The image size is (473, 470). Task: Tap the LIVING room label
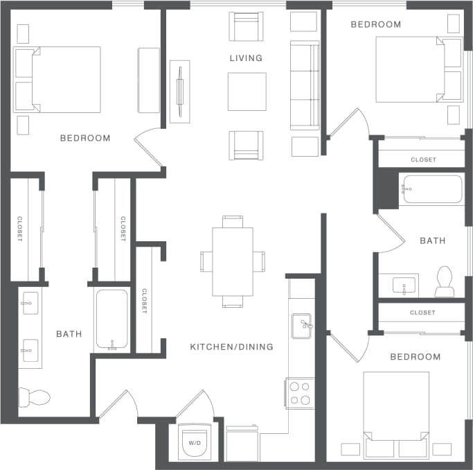[x=246, y=58]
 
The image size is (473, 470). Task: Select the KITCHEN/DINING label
[x=231, y=347]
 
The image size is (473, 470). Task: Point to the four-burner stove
[x=300, y=393]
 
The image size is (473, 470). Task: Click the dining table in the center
[x=233, y=261]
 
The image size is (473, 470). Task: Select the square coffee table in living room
[x=247, y=92]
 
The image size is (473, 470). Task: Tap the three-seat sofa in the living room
[x=304, y=85]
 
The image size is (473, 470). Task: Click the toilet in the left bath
[x=34, y=397]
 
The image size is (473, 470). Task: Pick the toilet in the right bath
[x=444, y=279]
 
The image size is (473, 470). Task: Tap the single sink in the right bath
[x=398, y=285]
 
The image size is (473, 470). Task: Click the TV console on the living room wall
[x=180, y=91]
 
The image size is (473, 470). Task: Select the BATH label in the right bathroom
[x=433, y=241]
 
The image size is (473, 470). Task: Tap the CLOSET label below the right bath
[x=422, y=313]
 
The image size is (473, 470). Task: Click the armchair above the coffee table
[x=246, y=27]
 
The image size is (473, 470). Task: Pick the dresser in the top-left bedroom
[x=149, y=80]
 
